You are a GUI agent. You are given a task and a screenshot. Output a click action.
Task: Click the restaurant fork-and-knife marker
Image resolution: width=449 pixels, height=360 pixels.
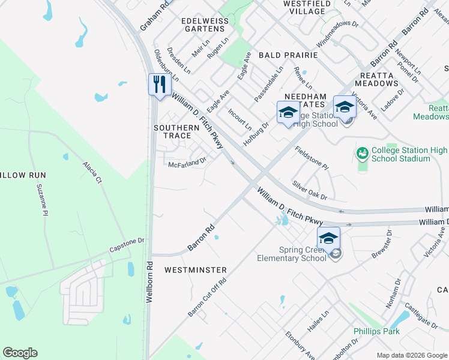coord(158,83)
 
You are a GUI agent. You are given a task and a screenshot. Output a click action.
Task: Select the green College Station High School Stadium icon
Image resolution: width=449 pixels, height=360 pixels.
coord(362,154)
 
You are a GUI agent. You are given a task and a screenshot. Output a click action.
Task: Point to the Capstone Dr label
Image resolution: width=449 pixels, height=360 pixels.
coord(127,245)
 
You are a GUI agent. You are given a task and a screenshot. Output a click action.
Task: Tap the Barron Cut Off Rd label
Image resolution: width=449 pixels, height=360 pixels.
coord(207,298)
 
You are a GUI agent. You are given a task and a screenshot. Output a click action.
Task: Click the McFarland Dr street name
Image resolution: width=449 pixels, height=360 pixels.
coord(187,163)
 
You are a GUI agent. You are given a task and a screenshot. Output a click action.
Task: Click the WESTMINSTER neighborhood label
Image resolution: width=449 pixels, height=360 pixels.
coord(196,270)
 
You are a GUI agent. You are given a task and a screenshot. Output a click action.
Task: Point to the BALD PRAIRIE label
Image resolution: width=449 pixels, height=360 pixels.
coord(288,55)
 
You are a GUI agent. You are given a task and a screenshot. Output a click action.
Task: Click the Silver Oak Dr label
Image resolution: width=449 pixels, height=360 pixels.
coord(309,190)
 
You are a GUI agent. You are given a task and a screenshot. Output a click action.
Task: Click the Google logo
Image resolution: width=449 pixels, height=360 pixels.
coord(20,353)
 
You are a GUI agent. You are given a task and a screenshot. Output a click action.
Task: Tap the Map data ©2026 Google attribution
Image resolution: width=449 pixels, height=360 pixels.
coord(412,355)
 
